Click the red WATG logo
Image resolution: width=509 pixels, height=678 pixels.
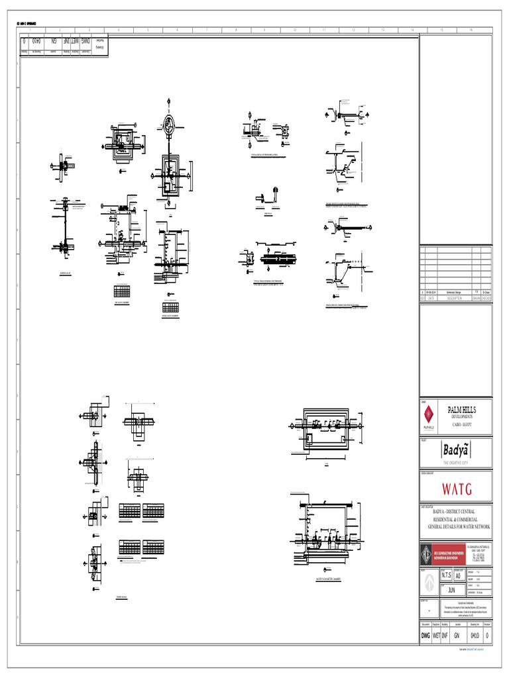point(457,489)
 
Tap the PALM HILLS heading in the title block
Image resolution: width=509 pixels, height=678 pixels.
point(462,410)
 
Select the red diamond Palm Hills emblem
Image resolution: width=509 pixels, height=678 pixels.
point(429,415)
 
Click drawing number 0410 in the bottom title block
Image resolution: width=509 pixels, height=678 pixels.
point(475,636)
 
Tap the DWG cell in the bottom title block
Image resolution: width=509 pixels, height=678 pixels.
point(425,636)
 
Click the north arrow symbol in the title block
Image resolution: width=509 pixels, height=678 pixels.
point(429,583)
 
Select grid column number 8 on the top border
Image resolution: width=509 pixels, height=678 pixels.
point(235,30)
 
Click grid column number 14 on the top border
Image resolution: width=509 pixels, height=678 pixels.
point(412,30)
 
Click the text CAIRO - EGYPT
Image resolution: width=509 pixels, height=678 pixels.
point(461,423)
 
